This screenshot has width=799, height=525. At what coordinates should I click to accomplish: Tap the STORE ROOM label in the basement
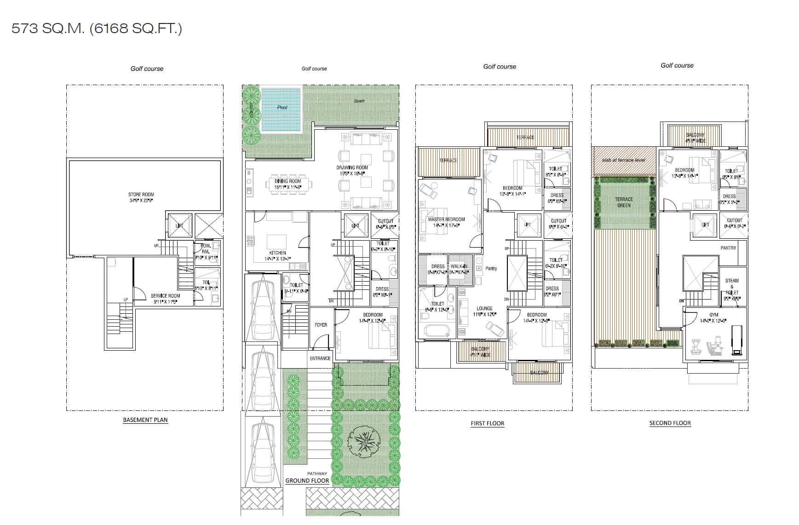tap(141, 195)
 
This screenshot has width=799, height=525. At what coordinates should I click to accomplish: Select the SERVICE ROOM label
tap(166, 296)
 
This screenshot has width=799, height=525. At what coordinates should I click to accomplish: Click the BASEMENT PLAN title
tap(145, 420)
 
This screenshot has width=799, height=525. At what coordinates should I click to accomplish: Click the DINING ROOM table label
tap(288, 181)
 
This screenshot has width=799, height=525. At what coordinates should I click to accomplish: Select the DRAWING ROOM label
tap(352, 167)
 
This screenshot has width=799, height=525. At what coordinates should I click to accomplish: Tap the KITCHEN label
tap(278, 253)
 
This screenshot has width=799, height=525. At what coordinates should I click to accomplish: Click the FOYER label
tap(321, 325)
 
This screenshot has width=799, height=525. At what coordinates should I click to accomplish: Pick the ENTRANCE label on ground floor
tap(320, 358)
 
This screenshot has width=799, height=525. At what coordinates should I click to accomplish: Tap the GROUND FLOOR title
tap(307, 480)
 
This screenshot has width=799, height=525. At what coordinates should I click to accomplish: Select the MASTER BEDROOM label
tap(446, 219)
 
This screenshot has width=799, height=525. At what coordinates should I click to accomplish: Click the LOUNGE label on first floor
tap(484, 308)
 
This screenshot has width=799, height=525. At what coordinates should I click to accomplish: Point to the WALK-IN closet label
tap(460, 266)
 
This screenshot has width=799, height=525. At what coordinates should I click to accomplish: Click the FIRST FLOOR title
tap(488, 423)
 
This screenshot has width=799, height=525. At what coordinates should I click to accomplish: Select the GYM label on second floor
tap(713, 315)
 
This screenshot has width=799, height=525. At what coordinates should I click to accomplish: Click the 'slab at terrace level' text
tap(623, 160)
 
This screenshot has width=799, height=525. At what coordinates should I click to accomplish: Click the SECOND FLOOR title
tap(670, 423)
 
